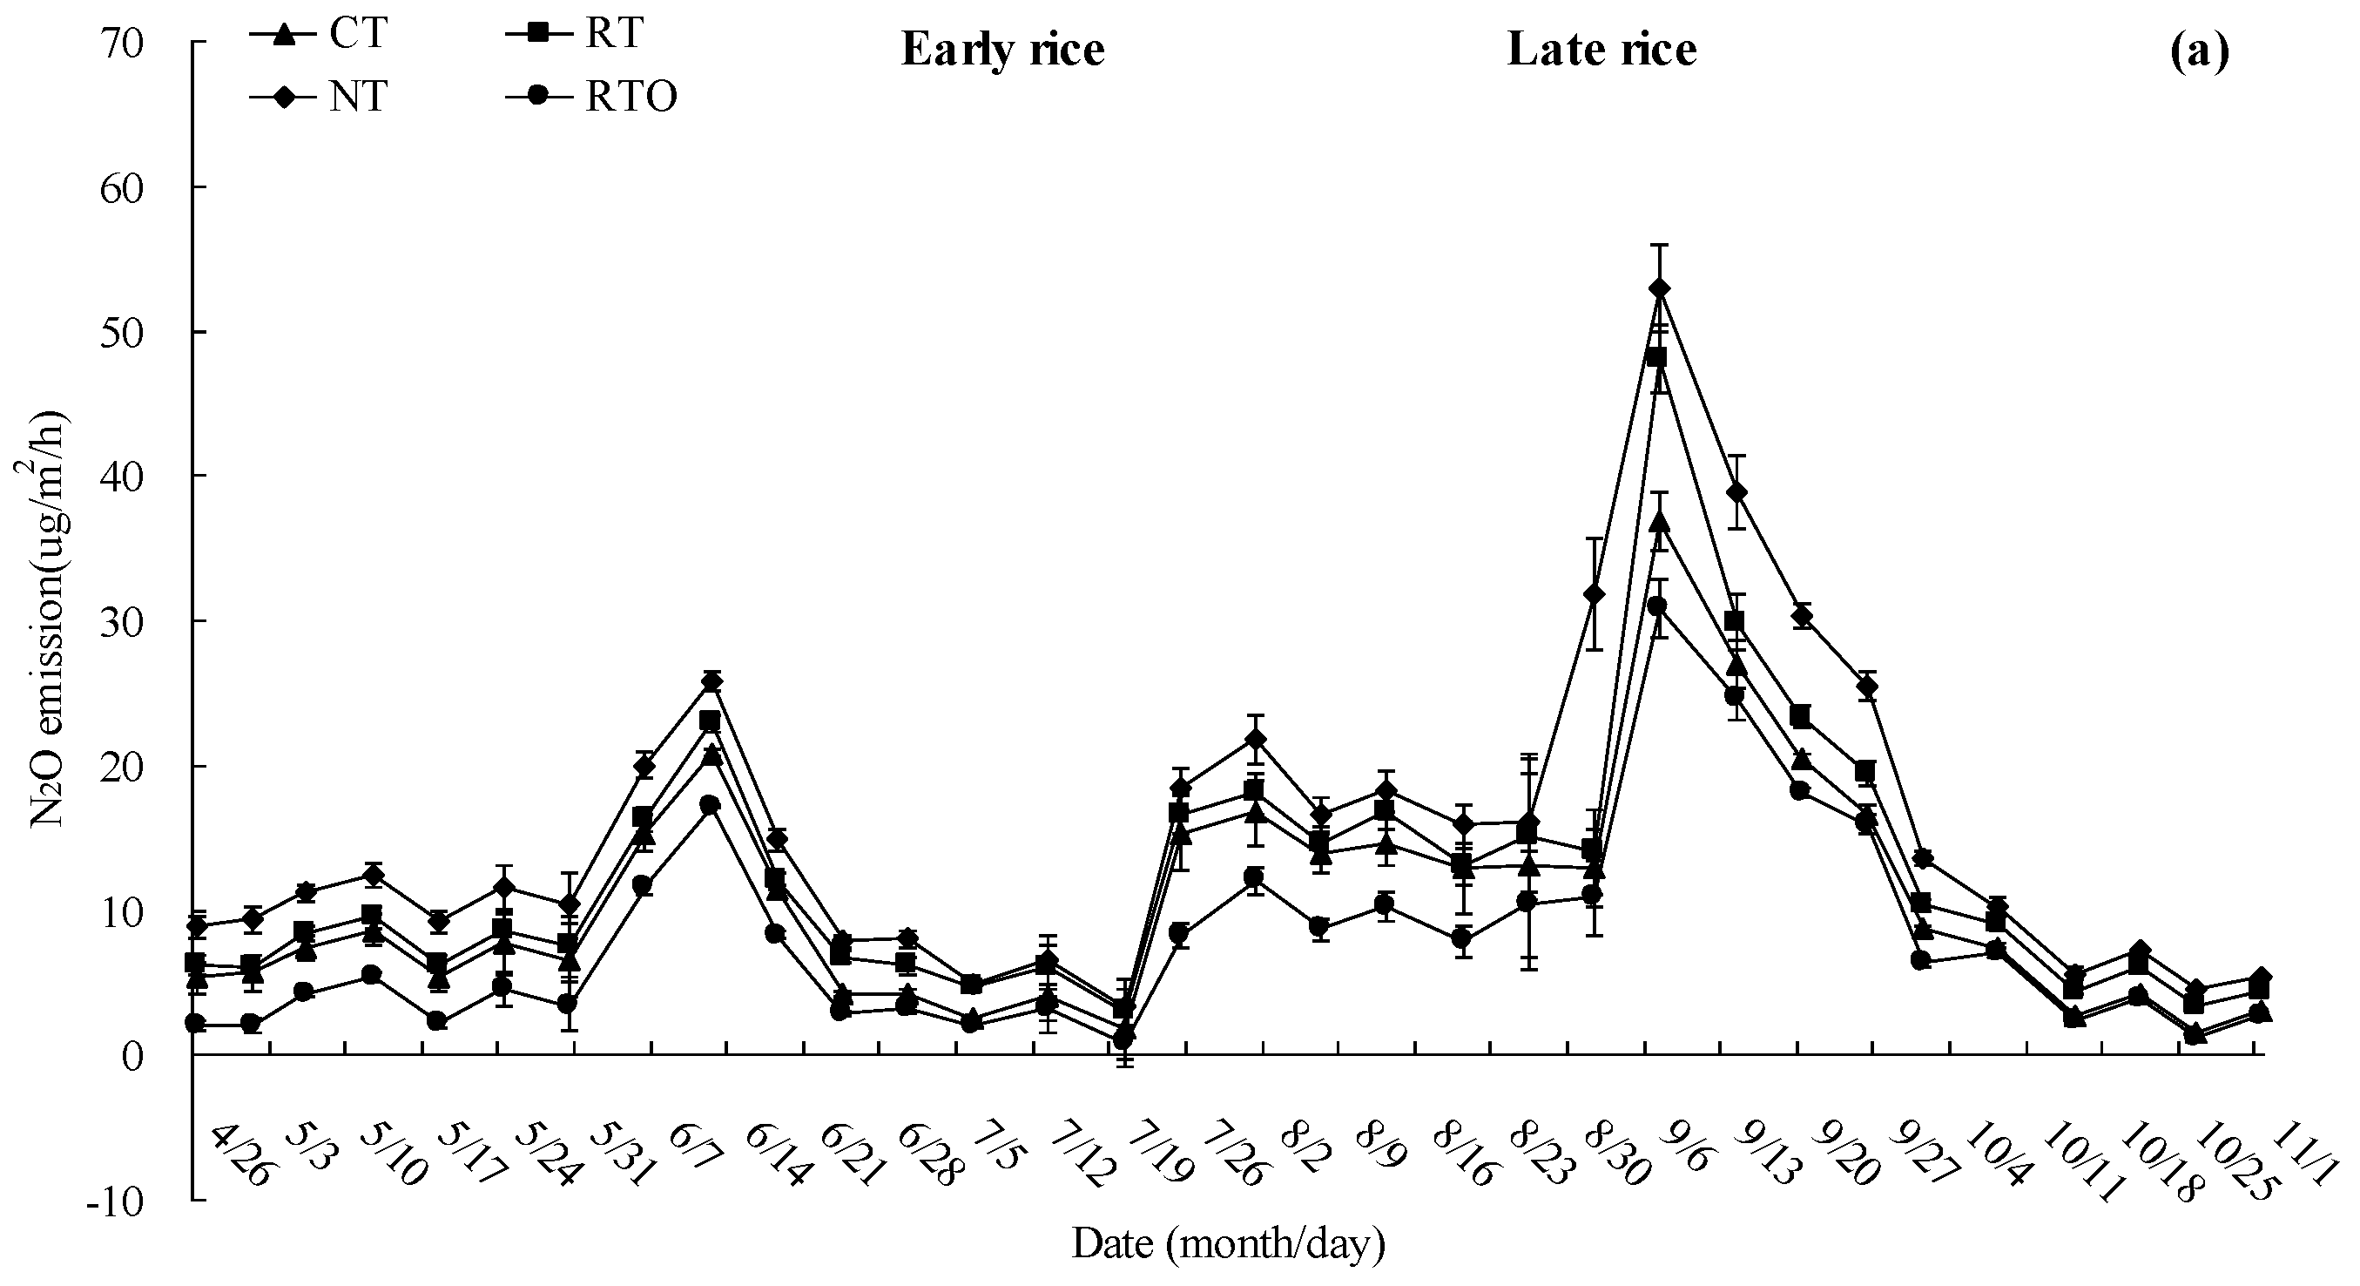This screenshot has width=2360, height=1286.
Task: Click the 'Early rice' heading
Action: click(x=1002, y=50)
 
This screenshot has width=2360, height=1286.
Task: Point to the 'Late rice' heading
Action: click(x=1601, y=50)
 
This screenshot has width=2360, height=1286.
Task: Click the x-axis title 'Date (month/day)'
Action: click(x=1229, y=1245)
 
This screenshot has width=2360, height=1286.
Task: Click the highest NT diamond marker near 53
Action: click(x=1658, y=288)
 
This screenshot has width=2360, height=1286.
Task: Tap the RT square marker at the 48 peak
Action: click(x=1656, y=357)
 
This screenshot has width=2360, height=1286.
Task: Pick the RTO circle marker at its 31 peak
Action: click(x=1657, y=606)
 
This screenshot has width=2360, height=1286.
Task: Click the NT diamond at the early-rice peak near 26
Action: click(x=711, y=682)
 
